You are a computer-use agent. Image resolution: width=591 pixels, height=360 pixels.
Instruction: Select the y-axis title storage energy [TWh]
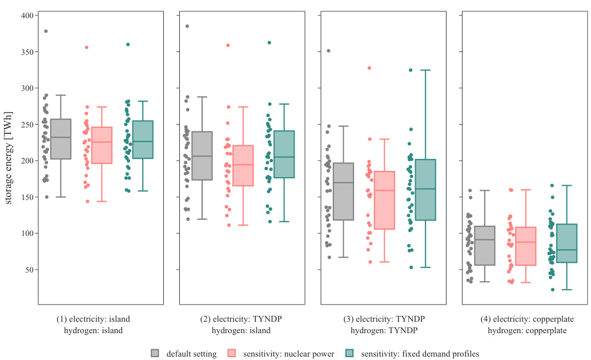point(9,157)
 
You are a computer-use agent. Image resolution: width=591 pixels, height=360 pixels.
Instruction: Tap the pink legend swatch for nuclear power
point(232,353)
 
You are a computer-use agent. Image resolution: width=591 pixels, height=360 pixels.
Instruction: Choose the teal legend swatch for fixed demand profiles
point(350,353)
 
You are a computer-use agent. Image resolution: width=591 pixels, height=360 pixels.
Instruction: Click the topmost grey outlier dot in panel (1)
point(46,31)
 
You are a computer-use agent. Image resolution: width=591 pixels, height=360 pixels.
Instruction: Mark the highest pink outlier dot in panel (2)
point(228,45)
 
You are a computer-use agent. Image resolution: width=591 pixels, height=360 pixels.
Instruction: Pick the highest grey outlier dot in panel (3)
point(328,51)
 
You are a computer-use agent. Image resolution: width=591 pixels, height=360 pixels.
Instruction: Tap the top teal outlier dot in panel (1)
point(128,44)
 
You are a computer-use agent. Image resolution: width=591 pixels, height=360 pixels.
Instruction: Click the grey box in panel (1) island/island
point(61,139)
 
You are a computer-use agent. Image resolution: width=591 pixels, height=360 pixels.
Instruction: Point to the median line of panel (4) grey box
point(484,240)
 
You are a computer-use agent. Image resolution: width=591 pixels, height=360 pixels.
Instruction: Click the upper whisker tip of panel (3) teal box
point(425,70)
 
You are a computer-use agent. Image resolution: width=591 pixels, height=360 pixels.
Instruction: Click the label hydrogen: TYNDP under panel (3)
point(384,330)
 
